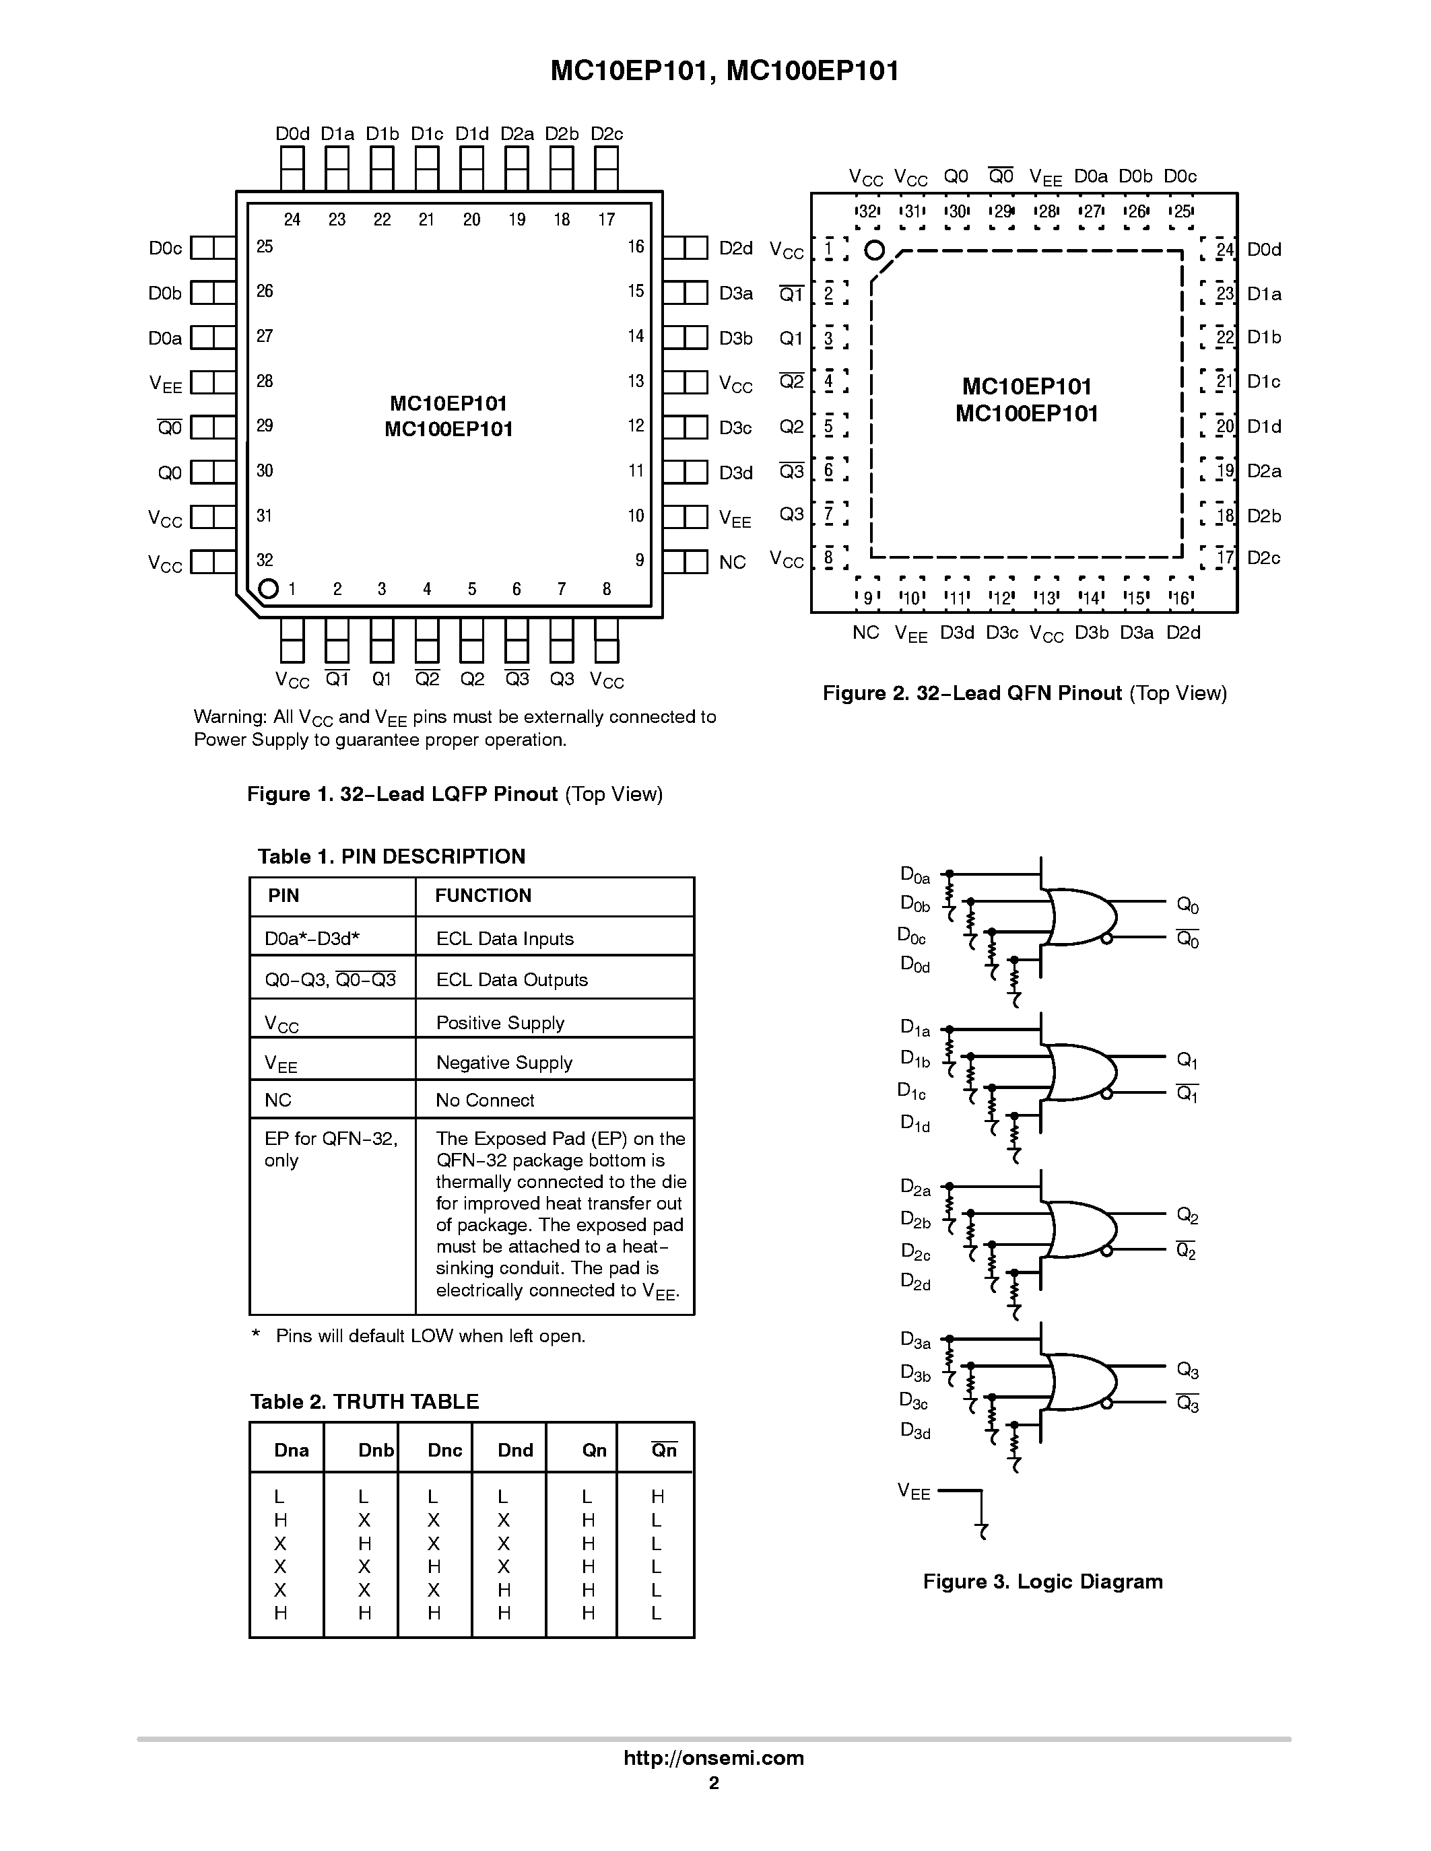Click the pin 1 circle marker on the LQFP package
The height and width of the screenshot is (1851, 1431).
tap(268, 588)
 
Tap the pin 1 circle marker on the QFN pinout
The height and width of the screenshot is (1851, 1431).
tap(874, 250)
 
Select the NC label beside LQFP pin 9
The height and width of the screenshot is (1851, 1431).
tap(733, 562)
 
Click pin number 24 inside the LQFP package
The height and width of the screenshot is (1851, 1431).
tap(292, 219)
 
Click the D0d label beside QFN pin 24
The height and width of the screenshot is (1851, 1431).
tap(1264, 249)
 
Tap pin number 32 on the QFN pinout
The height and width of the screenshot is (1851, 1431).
tap(867, 212)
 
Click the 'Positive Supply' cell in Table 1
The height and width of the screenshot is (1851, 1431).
tap(500, 1023)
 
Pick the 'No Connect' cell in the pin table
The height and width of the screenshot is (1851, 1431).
tap(485, 1100)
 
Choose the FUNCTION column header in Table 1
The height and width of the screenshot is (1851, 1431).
tap(484, 895)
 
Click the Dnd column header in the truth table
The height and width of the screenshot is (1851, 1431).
tap(515, 1450)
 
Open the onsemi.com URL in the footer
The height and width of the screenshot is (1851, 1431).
tap(714, 1757)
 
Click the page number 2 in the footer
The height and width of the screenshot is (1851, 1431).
tap(714, 1782)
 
